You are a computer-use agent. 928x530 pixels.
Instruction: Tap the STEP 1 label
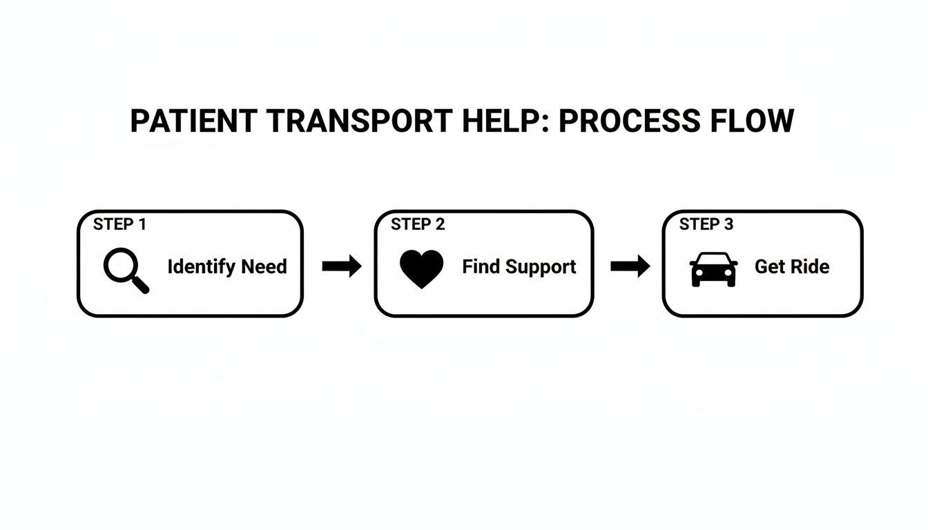click(119, 224)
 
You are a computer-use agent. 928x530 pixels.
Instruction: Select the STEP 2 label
click(418, 224)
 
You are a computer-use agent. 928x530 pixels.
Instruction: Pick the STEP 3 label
click(706, 224)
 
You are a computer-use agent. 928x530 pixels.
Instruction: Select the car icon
click(713, 269)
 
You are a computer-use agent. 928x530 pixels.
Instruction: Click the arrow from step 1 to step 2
click(342, 266)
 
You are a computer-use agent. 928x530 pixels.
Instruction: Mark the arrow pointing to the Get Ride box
click(630, 266)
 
